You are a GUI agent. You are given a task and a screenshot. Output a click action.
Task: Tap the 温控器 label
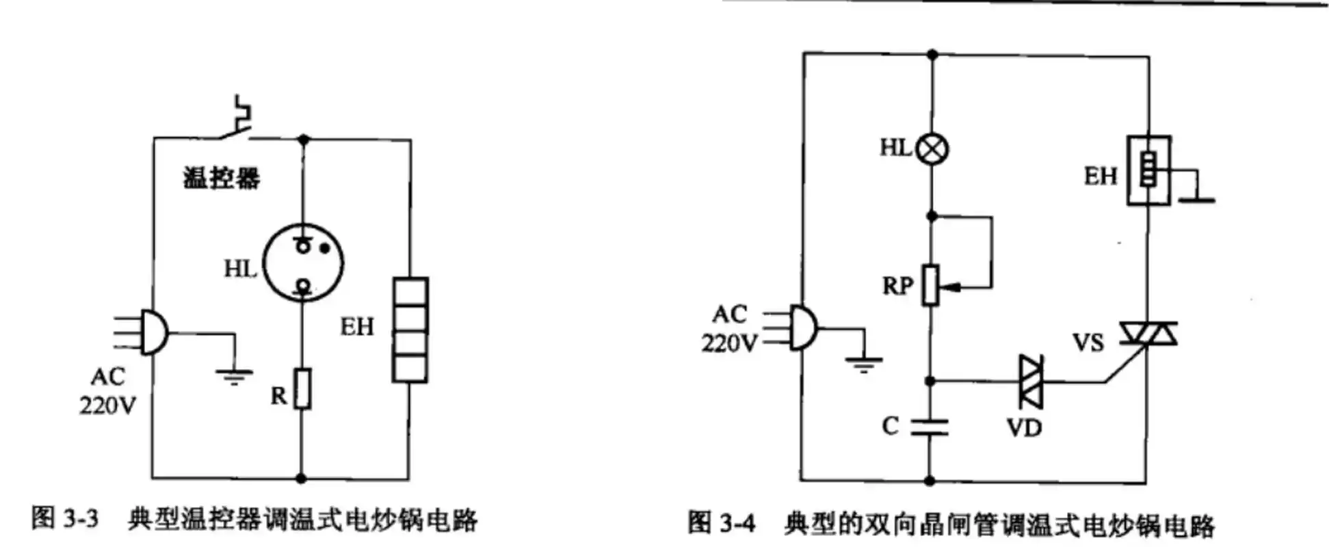click(222, 178)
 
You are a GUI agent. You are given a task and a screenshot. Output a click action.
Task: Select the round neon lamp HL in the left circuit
click(303, 264)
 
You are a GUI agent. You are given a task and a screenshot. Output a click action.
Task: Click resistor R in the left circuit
click(302, 388)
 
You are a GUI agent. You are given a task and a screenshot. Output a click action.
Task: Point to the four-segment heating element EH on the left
click(410, 329)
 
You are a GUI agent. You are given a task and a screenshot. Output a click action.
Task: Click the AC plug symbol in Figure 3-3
click(152, 332)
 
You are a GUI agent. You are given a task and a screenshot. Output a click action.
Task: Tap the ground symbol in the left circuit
click(234, 375)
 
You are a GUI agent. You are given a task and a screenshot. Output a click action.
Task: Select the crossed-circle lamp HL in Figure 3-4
click(932, 148)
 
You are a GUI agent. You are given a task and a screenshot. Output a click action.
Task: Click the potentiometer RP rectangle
click(930, 284)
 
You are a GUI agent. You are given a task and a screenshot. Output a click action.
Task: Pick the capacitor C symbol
click(930, 427)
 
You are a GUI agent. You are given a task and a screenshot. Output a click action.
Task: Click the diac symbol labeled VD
click(1030, 381)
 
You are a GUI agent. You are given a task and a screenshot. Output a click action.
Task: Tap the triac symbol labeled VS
click(1148, 334)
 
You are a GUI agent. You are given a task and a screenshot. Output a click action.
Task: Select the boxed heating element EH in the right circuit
click(1148, 170)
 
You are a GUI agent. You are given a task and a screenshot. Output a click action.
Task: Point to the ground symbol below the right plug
click(864, 363)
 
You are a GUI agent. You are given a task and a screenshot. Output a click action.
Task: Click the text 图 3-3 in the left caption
click(65, 520)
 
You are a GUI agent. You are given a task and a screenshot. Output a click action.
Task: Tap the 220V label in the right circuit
click(729, 343)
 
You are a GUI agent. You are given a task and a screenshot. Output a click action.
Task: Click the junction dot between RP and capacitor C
click(930, 381)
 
